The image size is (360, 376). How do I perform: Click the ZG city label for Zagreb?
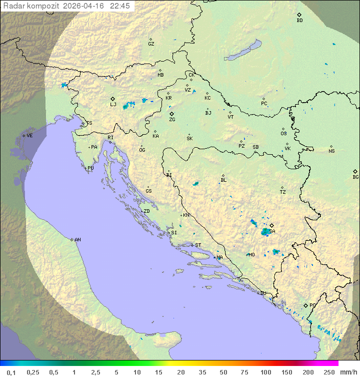coord(172,120)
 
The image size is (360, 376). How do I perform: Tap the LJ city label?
coord(113,105)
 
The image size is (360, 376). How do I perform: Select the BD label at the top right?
coord(299,21)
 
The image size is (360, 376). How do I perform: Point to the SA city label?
coord(272,231)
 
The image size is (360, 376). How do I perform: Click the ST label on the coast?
coord(198,245)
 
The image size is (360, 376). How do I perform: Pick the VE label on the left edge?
coord(29,136)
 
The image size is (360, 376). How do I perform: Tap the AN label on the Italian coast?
coord(77,240)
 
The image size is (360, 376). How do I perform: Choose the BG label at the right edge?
coord(355,177)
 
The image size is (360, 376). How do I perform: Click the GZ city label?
coord(151,44)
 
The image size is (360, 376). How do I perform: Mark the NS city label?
coord(331,151)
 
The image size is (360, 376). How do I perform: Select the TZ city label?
coord(283,192)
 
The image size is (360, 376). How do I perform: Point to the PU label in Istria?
coord(90,168)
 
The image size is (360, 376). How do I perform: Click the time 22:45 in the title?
coord(120,6)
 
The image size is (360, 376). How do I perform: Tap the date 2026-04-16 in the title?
coord(84,6)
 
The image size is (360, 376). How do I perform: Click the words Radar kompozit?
coord(31,6)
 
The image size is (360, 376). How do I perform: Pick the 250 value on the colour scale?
coord(329,372)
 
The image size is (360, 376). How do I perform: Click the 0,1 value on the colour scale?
coord(10,372)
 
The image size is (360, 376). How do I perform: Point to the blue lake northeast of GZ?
coord(242,51)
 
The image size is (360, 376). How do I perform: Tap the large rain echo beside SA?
coord(265,231)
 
